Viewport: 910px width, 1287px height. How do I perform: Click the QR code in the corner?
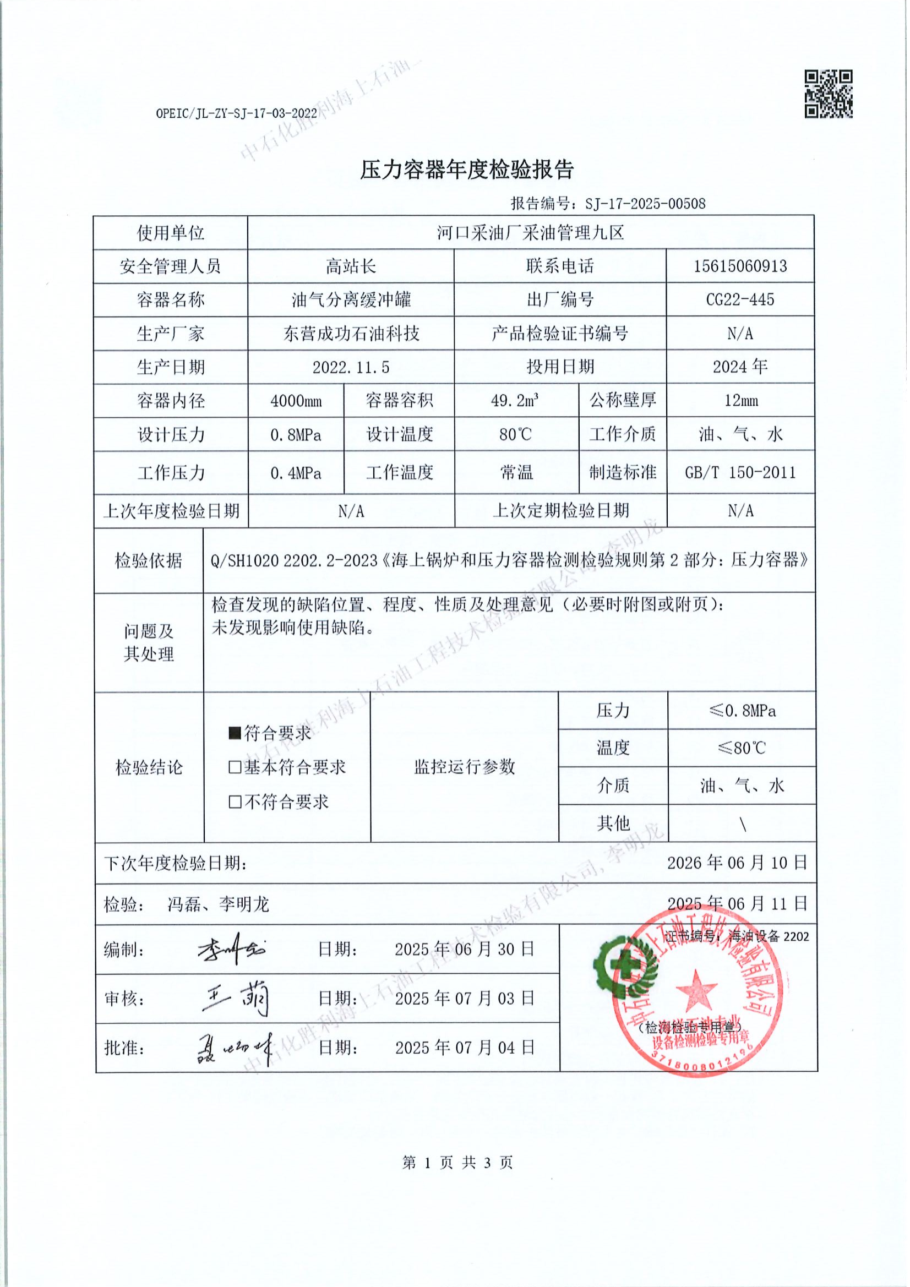(x=829, y=94)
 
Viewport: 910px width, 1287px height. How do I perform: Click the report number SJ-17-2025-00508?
(x=645, y=204)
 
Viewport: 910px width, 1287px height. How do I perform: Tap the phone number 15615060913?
(x=740, y=266)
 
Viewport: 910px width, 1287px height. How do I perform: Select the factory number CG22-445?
(x=740, y=299)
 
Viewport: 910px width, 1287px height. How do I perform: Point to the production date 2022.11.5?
(x=351, y=367)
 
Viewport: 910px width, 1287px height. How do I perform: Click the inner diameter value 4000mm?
(x=296, y=401)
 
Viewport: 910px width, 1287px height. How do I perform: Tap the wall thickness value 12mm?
(x=740, y=401)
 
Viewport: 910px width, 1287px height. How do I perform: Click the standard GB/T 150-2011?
(x=740, y=472)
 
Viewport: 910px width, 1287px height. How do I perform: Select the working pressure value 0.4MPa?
(x=296, y=473)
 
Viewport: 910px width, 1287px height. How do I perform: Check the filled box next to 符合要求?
(x=235, y=733)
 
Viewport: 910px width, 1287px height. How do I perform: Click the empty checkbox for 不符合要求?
(x=235, y=802)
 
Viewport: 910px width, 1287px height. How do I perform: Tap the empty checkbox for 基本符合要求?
(x=235, y=767)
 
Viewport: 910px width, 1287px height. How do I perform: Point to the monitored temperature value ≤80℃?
(x=741, y=748)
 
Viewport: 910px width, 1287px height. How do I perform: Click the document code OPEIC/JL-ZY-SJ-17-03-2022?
(x=237, y=113)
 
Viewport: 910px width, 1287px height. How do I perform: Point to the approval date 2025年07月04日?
(x=465, y=1048)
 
